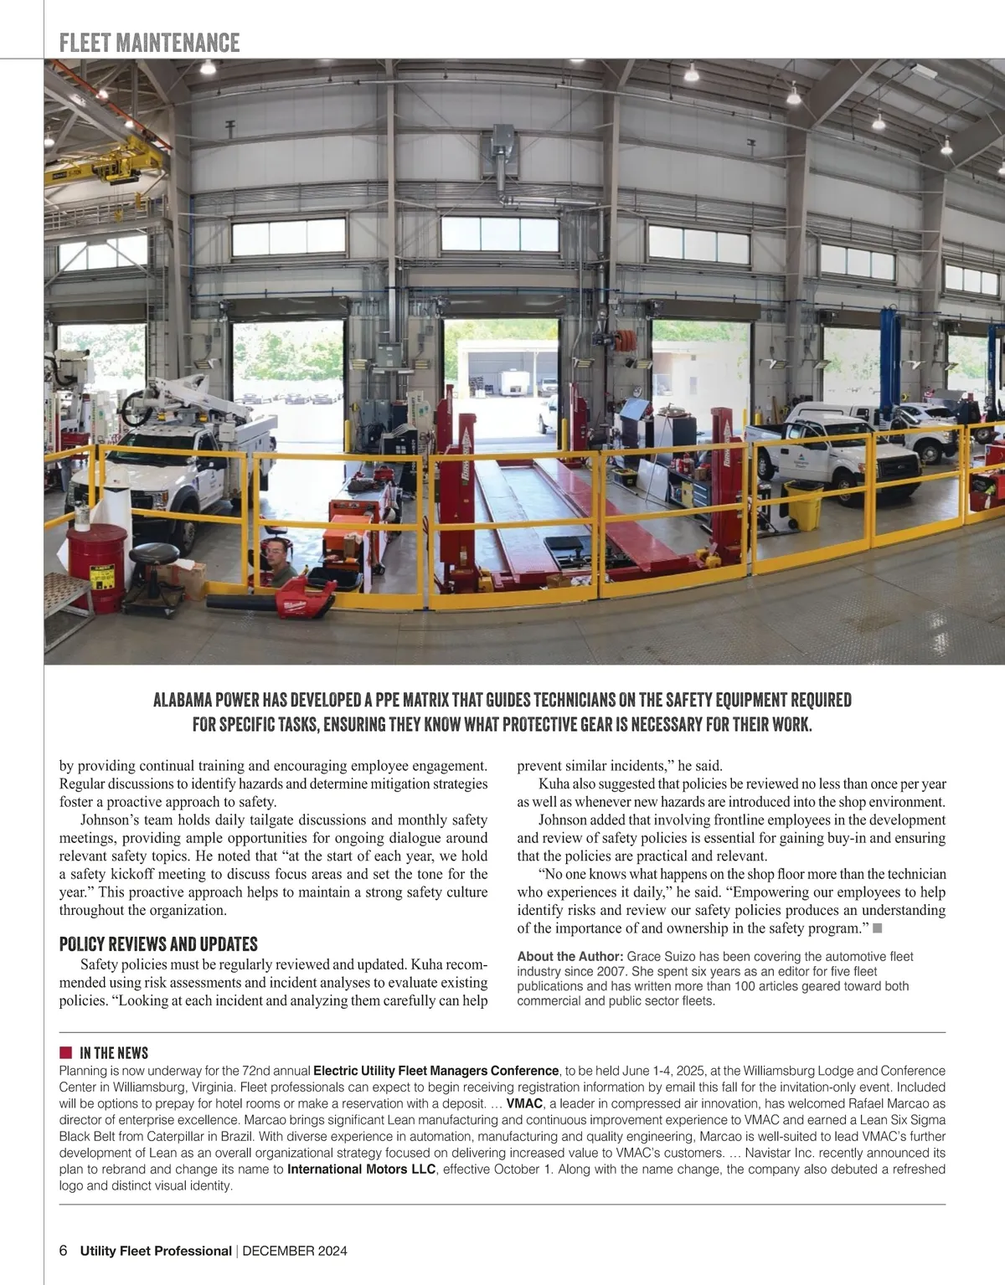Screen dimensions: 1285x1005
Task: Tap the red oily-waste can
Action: (x=95, y=567)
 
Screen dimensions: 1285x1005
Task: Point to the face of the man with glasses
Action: (x=274, y=551)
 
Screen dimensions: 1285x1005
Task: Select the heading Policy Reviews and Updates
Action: (x=158, y=944)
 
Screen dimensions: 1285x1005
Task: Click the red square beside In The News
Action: (x=65, y=1052)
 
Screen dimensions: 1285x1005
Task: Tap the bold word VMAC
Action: (x=524, y=1103)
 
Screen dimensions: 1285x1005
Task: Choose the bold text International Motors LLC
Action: (x=361, y=1169)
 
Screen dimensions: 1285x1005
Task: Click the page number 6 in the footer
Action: (x=64, y=1251)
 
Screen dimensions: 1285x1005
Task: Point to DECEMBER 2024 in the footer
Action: (x=294, y=1251)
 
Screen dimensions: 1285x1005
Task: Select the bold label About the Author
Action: (x=569, y=956)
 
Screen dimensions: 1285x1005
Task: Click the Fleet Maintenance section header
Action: (x=150, y=43)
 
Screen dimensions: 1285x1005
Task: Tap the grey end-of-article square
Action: (x=878, y=928)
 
